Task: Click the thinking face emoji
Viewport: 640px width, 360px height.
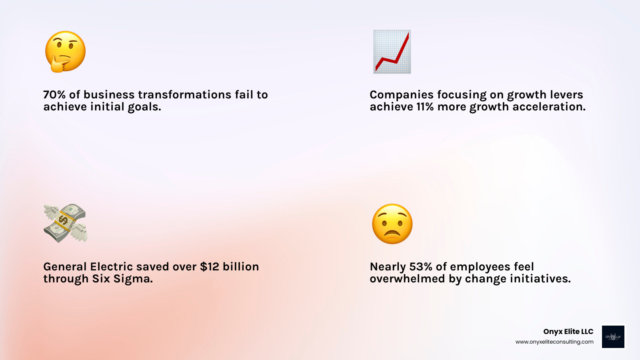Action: pos(66,51)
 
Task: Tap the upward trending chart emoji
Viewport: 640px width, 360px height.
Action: pos(392,52)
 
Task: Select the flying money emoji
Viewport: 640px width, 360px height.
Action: pos(65,223)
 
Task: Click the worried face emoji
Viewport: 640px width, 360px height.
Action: pos(392,224)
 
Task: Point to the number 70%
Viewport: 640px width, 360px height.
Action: pos(54,95)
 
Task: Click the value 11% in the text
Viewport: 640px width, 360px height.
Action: pos(425,107)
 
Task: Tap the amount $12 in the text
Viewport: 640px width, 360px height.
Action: pos(210,267)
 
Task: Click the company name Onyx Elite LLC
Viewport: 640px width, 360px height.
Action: pos(568,332)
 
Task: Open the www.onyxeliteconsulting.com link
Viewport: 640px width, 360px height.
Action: pos(554,342)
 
